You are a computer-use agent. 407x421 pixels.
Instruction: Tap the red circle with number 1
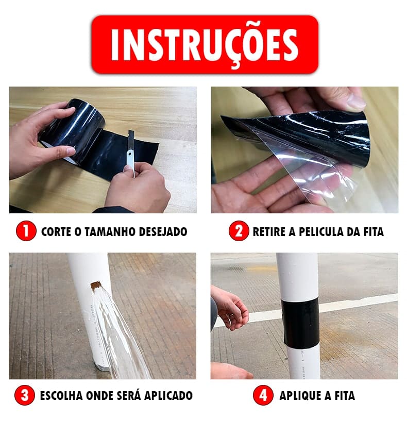tap(26, 231)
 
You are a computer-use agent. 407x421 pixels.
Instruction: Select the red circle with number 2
tap(238, 231)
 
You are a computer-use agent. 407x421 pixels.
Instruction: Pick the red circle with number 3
tap(25, 396)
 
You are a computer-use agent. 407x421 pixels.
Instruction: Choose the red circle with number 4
tap(263, 396)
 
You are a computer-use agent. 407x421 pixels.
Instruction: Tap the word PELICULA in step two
tap(316, 232)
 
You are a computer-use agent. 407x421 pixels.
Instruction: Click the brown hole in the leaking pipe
tap(96, 285)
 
